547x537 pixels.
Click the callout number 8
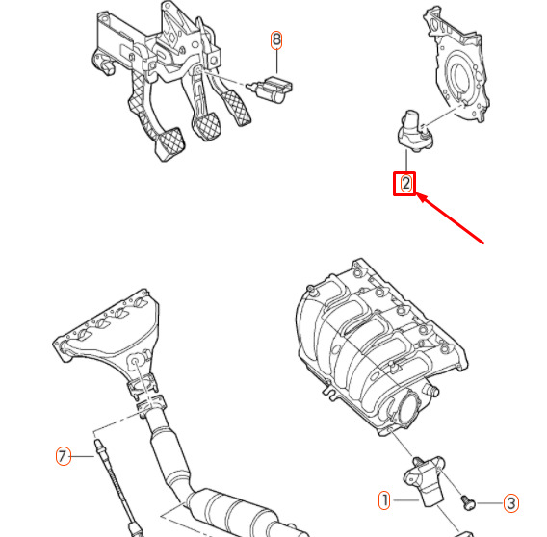click(x=276, y=39)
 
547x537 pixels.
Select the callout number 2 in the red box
click(x=405, y=184)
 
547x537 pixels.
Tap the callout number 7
click(x=64, y=456)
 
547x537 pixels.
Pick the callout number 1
click(x=384, y=500)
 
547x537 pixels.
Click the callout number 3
click(x=511, y=503)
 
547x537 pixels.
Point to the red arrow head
click(x=421, y=197)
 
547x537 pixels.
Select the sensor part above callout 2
click(x=416, y=132)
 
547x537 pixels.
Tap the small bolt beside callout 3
click(x=467, y=502)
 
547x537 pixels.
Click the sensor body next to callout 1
click(x=425, y=480)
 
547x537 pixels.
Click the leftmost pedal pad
click(x=169, y=143)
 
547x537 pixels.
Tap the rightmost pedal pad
click(x=237, y=107)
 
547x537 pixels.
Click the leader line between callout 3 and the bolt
click(x=490, y=503)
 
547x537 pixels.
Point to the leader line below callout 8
click(x=276, y=62)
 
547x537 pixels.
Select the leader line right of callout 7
click(x=83, y=456)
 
